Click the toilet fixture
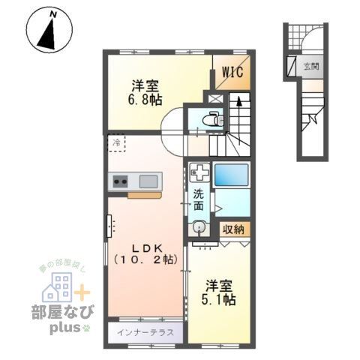click(x=213, y=118)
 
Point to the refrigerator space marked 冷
click(x=116, y=141)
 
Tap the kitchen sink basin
click(x=148, y=180)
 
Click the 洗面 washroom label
click(x=199, y=199)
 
